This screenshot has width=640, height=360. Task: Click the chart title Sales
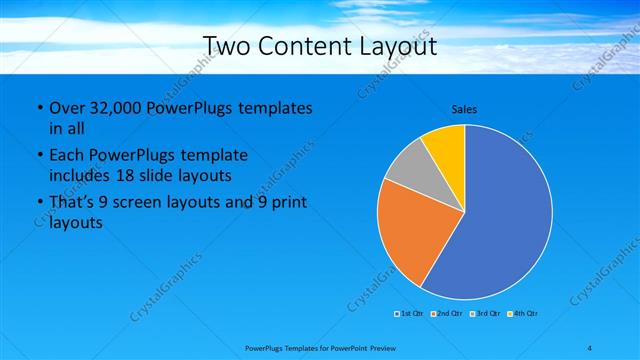click(464, 108)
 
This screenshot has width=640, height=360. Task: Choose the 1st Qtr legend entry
click(409, 314)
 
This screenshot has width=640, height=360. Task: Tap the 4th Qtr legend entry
click(525, 314)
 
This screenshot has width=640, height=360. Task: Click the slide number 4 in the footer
click(590, 347)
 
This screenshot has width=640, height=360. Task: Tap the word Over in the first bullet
click(66, 108)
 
